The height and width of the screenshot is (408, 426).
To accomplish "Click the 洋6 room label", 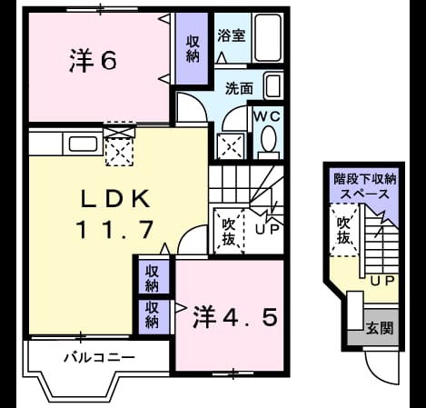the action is pyautogui.click(x=93, y=61).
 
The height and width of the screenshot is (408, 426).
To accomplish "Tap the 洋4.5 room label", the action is pyautogui.click(x=235, y=317).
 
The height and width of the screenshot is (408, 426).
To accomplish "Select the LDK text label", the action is pyautogui.click(x=115, y=199).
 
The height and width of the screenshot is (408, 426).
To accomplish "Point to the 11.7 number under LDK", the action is pyautogui.click(x=115, y=229).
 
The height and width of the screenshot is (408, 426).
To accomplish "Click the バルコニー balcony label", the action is pyautogui.click(x=99, y=358).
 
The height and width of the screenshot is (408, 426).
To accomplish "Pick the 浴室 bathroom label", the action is pyautogui.click(x=232, y=35).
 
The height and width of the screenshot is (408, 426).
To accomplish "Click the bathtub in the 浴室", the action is pyautogui.click(x=267, y=37).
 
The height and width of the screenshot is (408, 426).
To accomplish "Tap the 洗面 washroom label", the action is pyautogui.click(x=239, y=88).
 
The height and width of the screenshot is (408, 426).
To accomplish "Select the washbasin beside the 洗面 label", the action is pyautogui.click(x=273, y=85).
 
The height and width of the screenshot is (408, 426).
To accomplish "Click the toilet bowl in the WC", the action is pyautogui.click(x=268, y=142).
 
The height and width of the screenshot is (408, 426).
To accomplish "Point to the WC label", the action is pyautogui.click(x=267, y=116).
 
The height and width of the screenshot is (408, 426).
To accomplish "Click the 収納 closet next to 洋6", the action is pyautogui.click(x=193, y=49).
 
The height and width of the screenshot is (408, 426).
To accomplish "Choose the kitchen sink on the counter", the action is pyautogui.click(x=84, y=144).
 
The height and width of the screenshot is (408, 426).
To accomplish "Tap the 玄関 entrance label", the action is pyautogui.click(x=380, y=328).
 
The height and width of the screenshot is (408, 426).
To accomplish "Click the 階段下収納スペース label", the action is pyautogui.click(x=365, y=186).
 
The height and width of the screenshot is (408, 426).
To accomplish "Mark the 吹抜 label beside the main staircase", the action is pyautogui.click(x=229, y=232).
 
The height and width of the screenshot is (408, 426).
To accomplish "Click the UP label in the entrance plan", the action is pyautogui.click(x=382, y=281).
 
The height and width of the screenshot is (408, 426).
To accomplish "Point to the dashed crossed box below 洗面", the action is pyautogui.click(x=231, y=146).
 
